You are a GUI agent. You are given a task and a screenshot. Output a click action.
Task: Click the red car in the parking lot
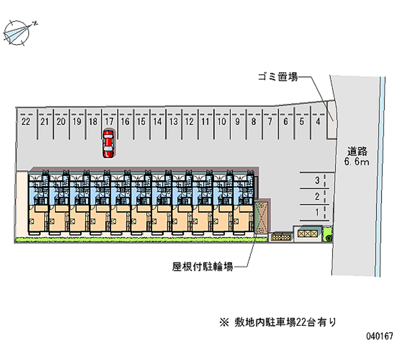coord(108,144)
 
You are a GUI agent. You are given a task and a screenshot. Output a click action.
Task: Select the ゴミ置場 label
coord(278,77)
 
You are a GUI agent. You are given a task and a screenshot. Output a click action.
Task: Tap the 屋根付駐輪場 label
coord(202,267)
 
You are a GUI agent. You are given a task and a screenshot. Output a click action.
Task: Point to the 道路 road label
coord(357,152)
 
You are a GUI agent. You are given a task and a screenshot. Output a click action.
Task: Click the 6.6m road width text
coord(356,162)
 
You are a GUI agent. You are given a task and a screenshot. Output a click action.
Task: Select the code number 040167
coord(380,336)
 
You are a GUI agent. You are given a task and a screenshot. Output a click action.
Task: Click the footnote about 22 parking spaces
coord(278,322)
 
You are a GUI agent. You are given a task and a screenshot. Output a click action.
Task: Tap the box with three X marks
coord(307,233)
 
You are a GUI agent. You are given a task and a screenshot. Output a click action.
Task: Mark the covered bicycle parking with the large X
coord(262,218)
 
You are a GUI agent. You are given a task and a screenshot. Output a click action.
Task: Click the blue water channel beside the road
coord(381,177)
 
